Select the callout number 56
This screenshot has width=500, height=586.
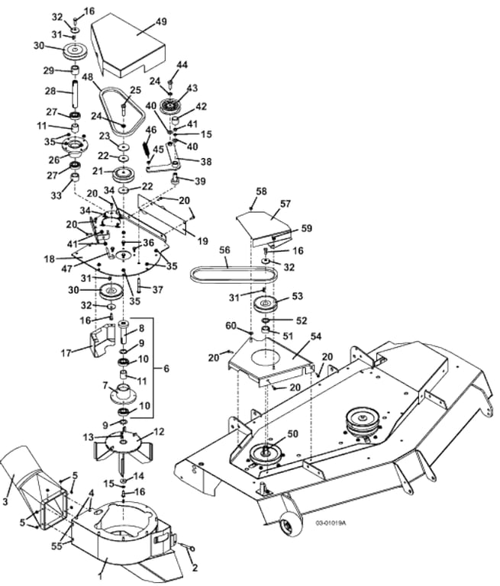[x=224, y=250]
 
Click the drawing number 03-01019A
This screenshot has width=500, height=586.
[x=331, y=523]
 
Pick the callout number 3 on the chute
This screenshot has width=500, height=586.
[x=5, y=501]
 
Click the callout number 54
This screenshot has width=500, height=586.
[x=315, y=336]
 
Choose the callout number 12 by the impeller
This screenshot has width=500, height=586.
[x=159, y=432]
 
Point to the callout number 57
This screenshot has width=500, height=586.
[x=285, y=204]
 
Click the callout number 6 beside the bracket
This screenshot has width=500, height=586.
[x=166, y=369]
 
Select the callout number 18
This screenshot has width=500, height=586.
[x=50, y=259]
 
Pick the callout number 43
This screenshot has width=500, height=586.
[x=192, y=89]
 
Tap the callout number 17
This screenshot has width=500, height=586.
[x=66, y=353]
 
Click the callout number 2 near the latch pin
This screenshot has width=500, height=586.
[x=195, y=568]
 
